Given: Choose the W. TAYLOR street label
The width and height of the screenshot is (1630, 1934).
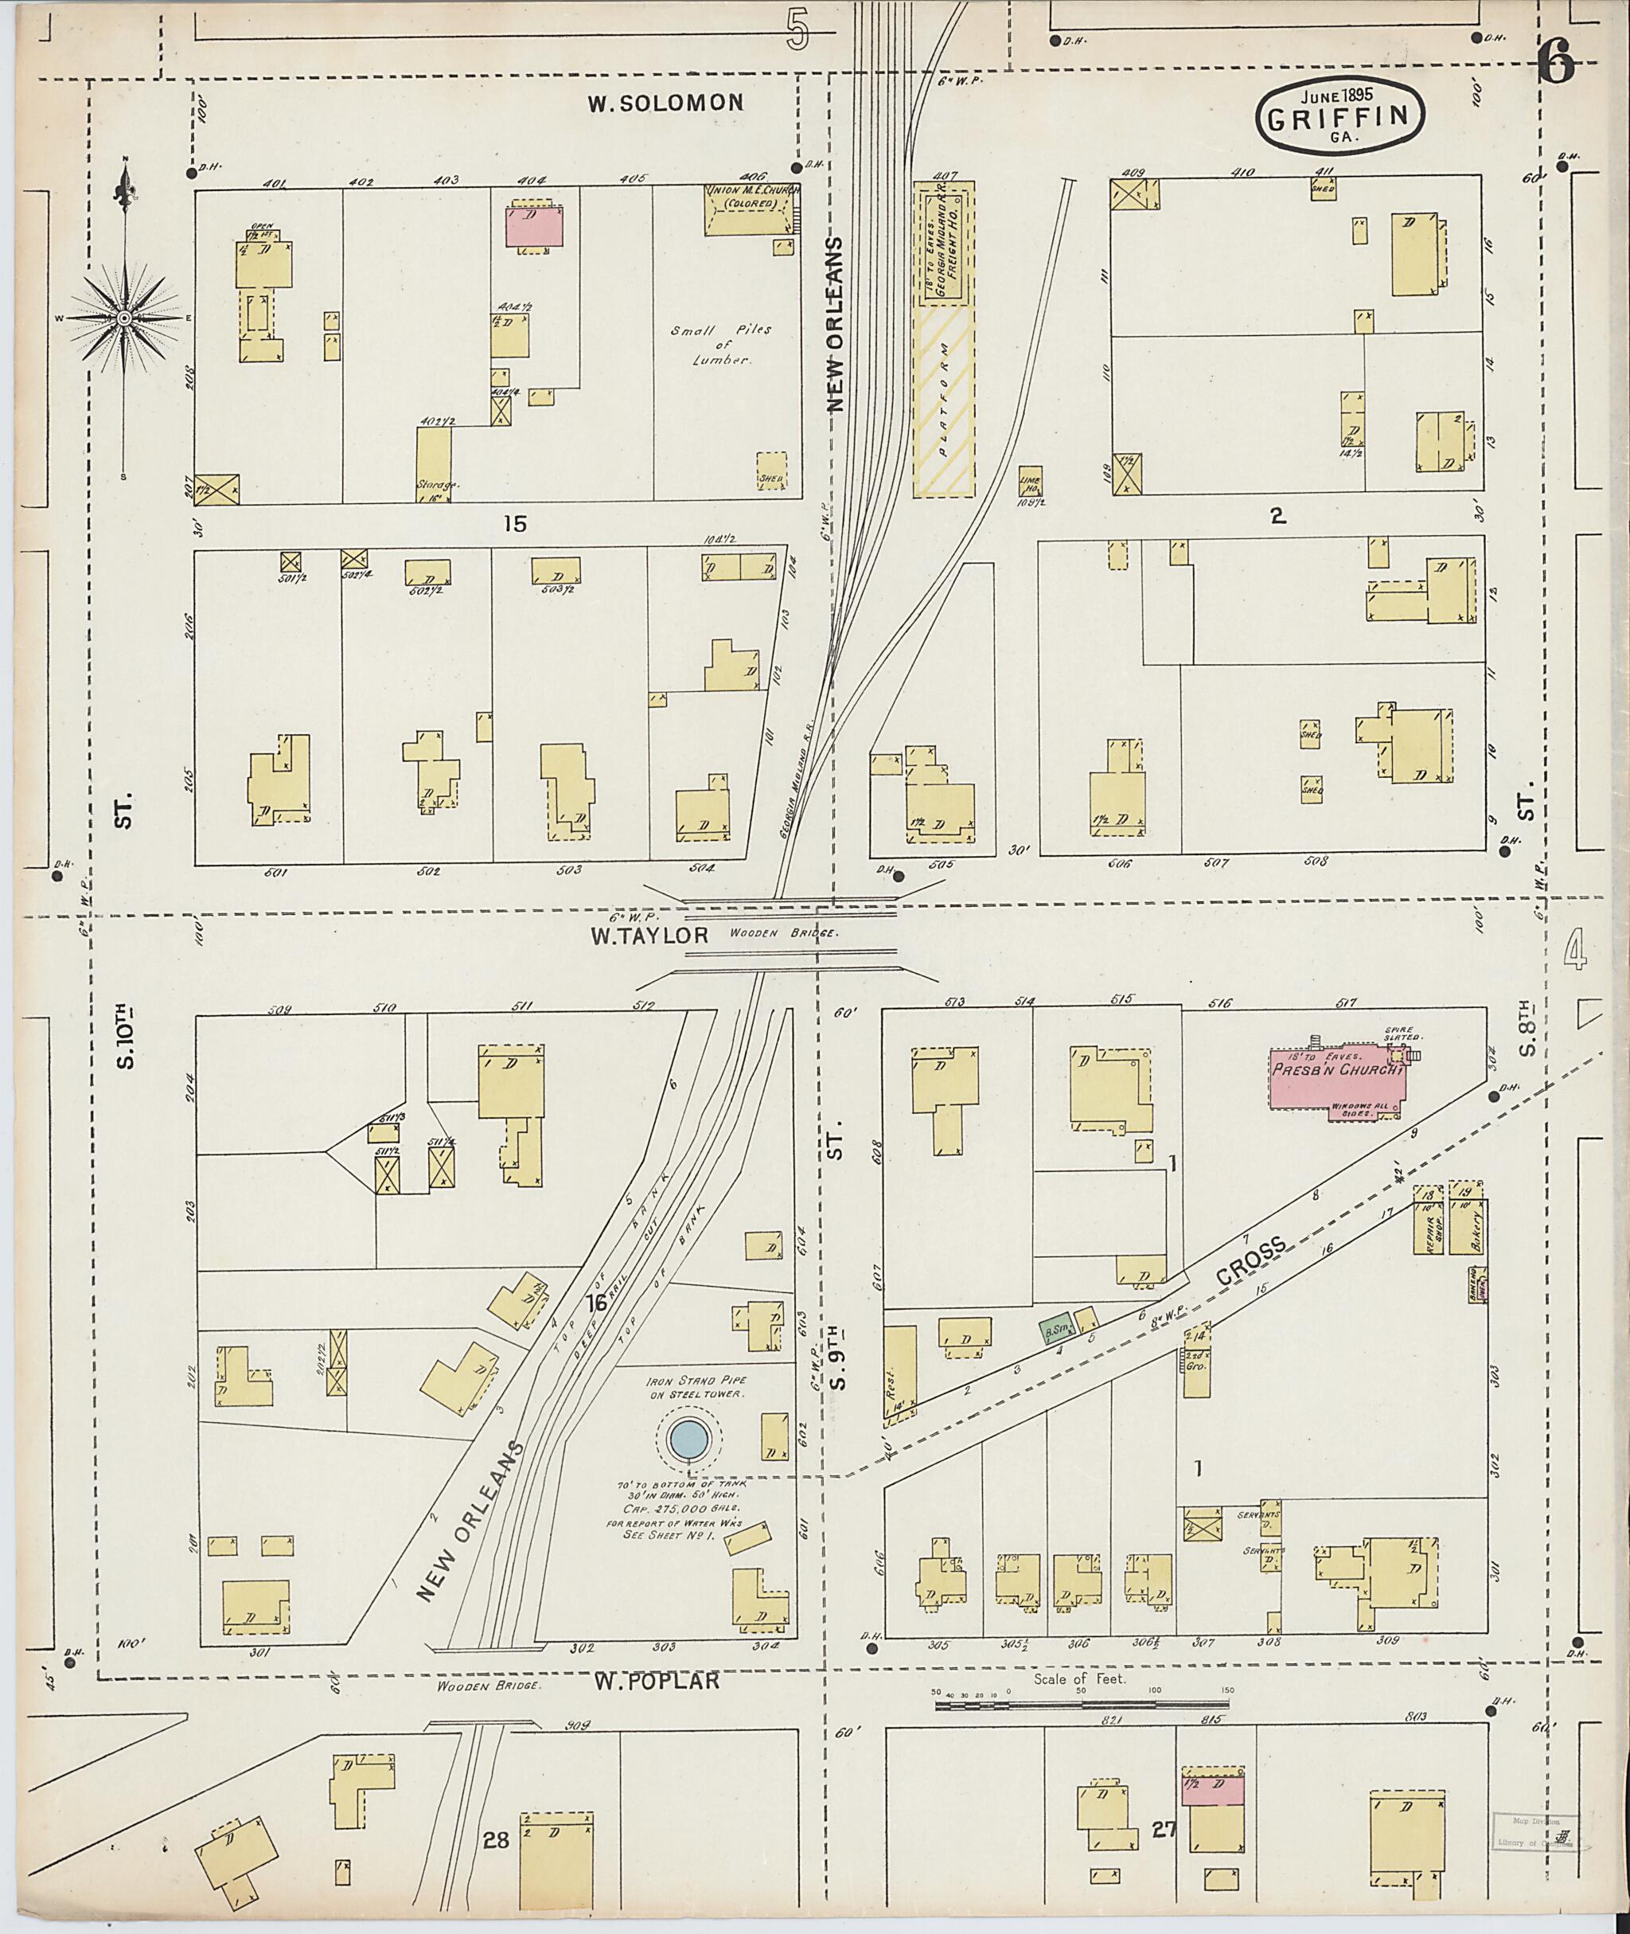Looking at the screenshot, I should (x=649, y=936).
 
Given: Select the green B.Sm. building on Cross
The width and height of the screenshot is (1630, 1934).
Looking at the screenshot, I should (x=1055, y=1330).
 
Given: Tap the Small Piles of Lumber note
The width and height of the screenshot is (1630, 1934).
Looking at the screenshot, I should (x=722, y=345).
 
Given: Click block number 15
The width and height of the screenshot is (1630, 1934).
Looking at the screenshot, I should (x=515, y=524).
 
